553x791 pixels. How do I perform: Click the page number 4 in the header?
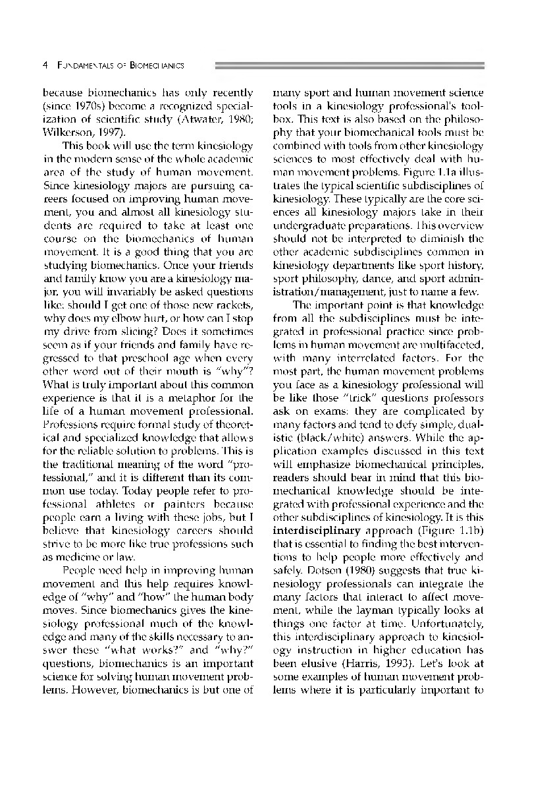[45, 66]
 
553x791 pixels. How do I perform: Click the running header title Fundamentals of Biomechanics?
[120, 66]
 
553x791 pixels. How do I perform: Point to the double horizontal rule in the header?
[350, 66]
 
